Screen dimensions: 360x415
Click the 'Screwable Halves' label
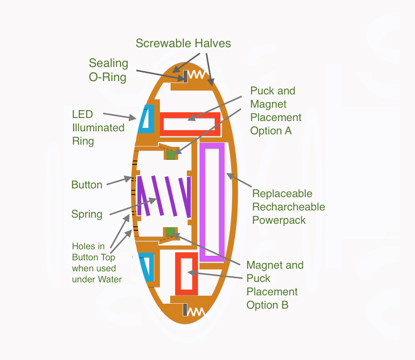coord(183,43)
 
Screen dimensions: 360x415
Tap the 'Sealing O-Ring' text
coord(108,70)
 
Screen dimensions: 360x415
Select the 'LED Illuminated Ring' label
coord(98,127)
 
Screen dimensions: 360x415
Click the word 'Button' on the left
coord(87,185)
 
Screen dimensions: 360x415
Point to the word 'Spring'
coord(87,214)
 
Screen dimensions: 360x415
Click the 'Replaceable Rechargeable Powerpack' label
coord(289,207)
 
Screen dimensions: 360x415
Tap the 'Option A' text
coord(271,131)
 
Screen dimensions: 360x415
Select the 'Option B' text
coord(267,305)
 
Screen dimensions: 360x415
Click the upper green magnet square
coord(171,154)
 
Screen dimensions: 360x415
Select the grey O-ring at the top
coord(185,76)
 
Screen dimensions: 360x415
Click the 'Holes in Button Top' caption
coord(97,263)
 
